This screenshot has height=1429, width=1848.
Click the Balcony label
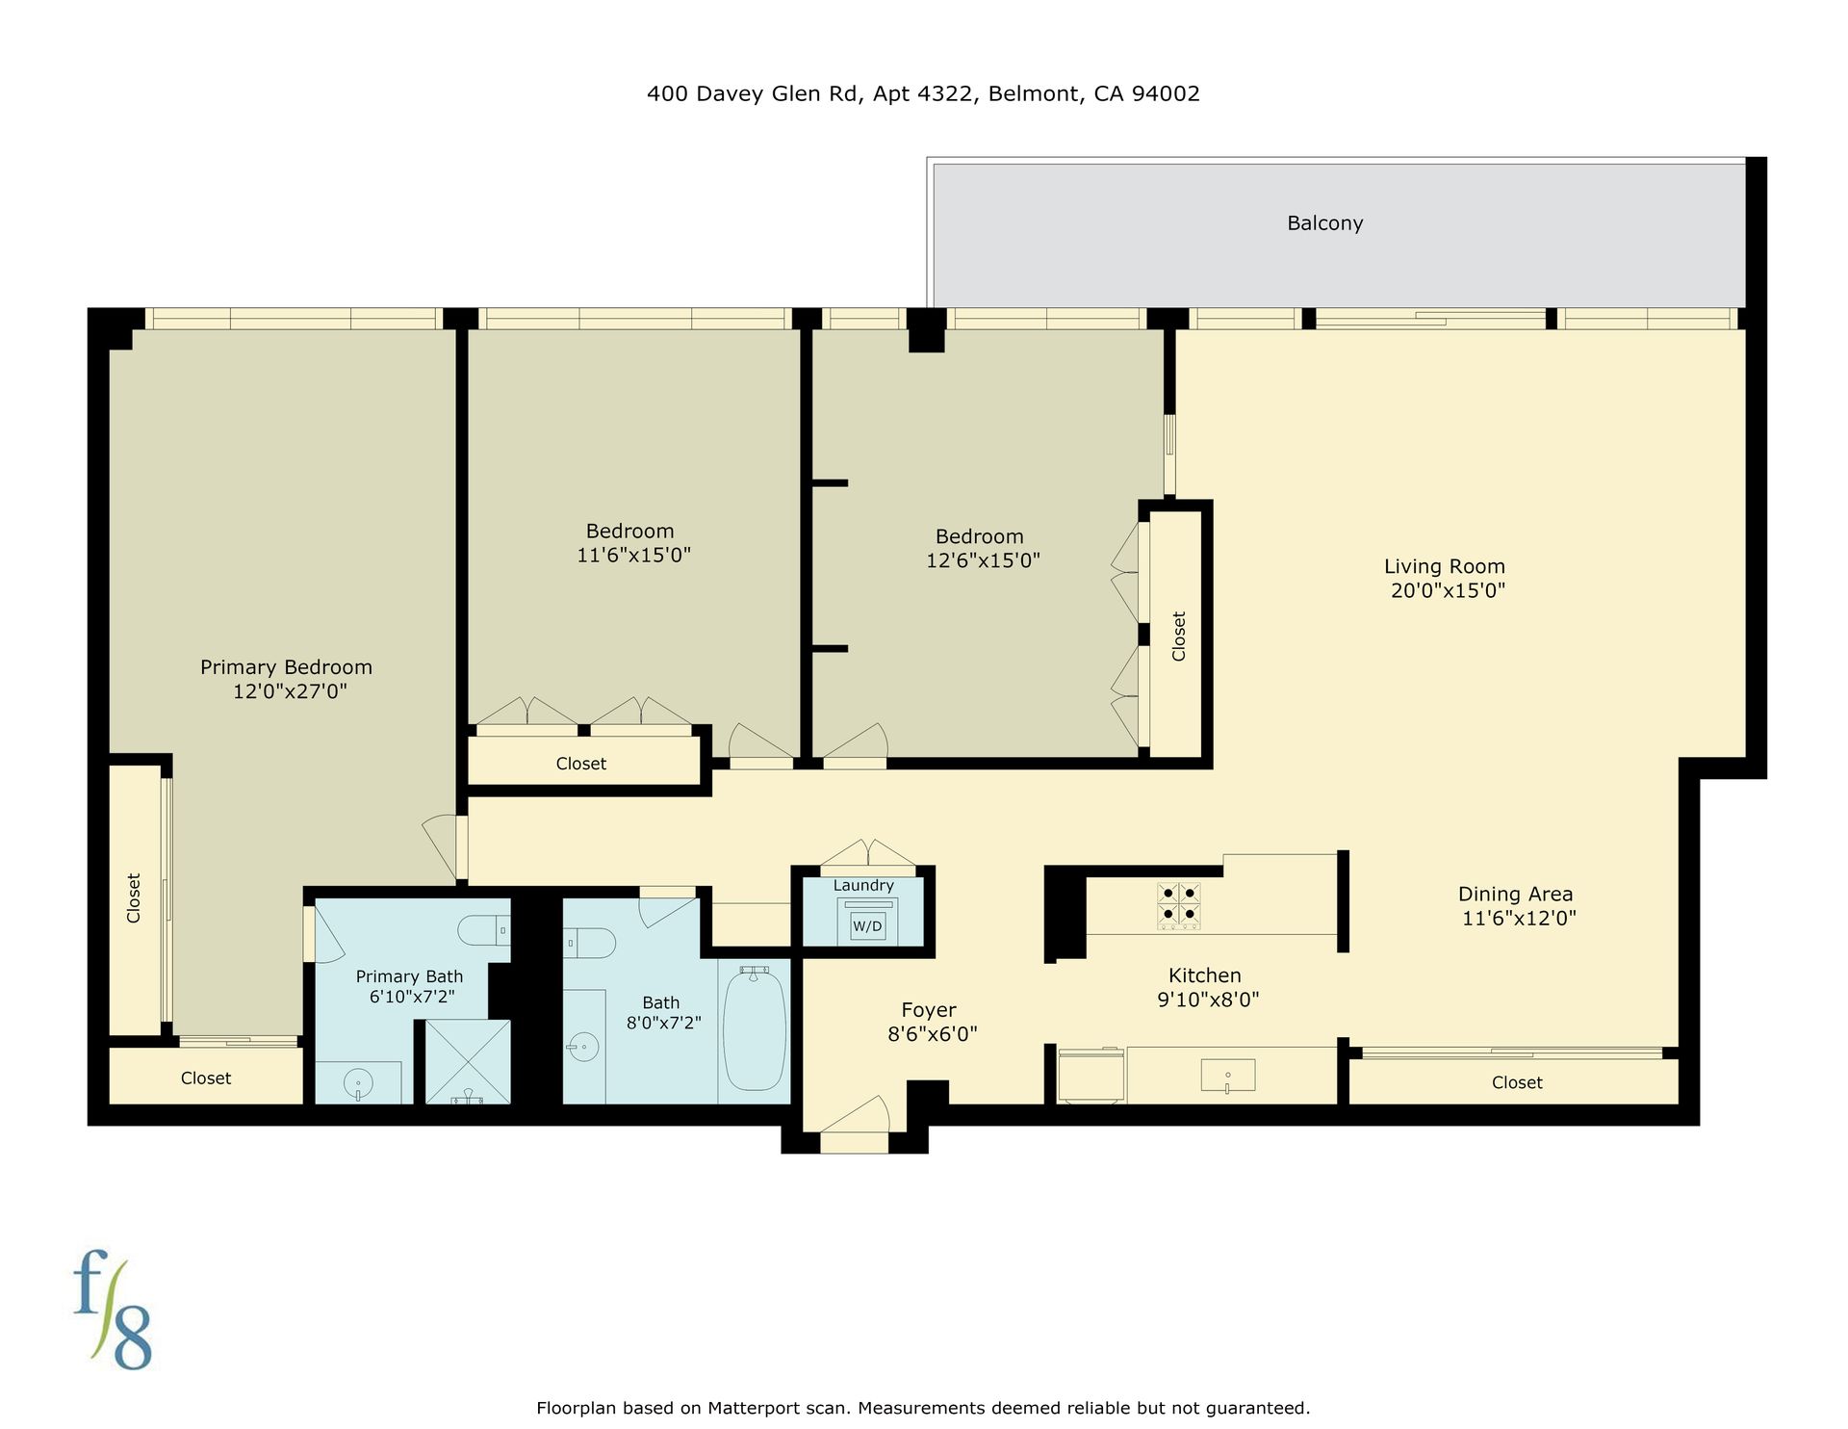coord(1324,223)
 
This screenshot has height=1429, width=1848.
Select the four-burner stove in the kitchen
coord(1178,906)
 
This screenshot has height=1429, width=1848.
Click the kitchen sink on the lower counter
coord(1228,1076)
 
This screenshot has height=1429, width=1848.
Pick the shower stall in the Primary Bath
coord(468,1062)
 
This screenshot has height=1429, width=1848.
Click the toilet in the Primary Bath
coord(484,930)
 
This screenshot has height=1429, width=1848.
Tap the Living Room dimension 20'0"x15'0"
coord(1448,590)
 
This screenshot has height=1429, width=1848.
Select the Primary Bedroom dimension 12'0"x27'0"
coord(290,690)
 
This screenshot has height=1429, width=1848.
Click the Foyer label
coord(929,1010)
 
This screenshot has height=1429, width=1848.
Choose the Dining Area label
coord(1515,895)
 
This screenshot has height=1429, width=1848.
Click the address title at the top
coord(923,93)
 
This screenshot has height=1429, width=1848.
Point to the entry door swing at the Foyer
coord(855,1114)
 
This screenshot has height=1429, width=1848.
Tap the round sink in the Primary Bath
coord(357,1084)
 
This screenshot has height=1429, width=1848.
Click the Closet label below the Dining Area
coord(1517,1082)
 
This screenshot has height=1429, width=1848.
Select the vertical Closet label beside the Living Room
coord(1178,637)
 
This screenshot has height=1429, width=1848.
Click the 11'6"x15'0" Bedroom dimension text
coord(633,555)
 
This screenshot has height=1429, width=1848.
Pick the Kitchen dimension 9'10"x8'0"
coord(1208,1000)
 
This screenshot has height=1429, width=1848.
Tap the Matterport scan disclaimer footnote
coord(923,1408)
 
